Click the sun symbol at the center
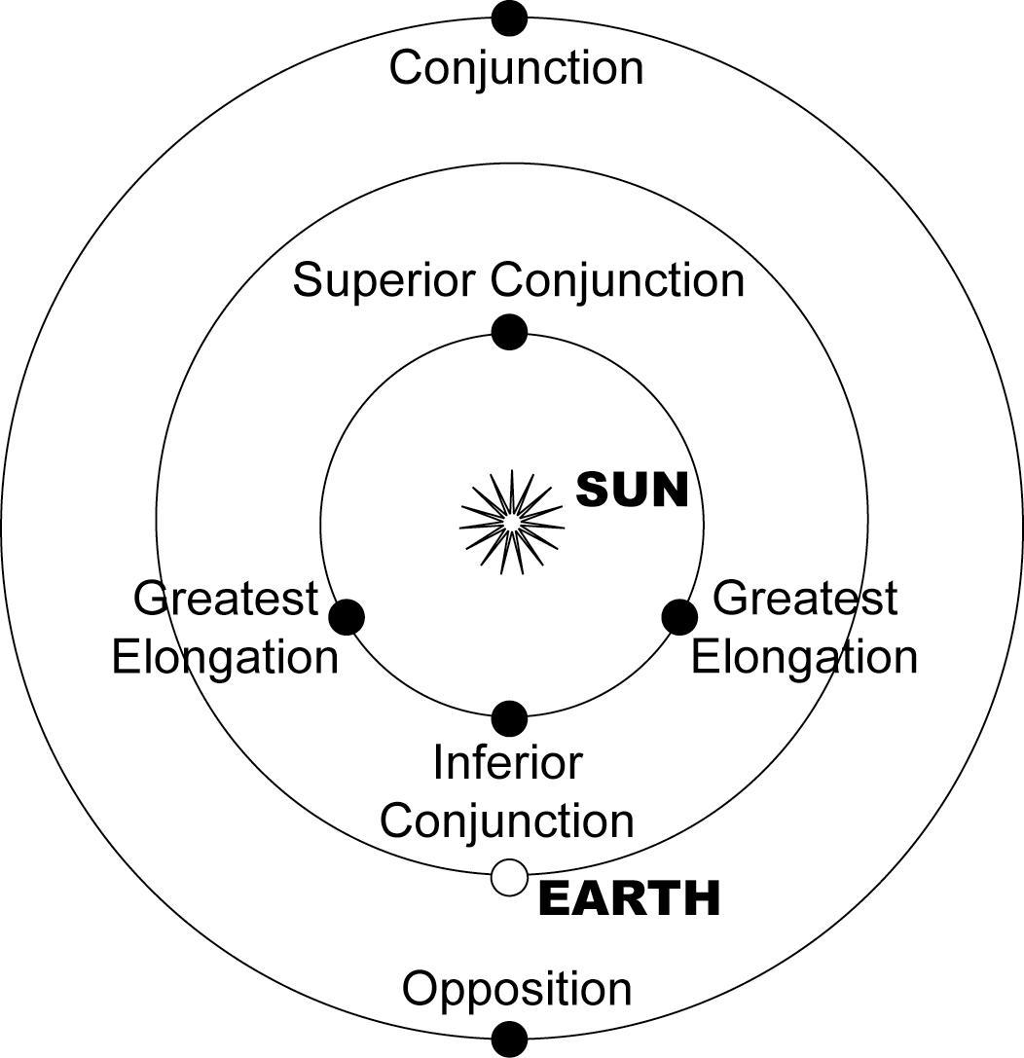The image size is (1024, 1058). pyautogui.click(x=511, y=522)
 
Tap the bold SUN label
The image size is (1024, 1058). pyautogui.click(x=632, y=490)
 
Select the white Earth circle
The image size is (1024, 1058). pyautogui.click(x=509, y=878)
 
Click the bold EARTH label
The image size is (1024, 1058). pyautogui.click(x=630, y=898)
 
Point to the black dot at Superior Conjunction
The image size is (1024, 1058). pyautogui.click(x=509, y=332)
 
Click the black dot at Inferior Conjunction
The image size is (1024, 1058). pyautogui.click(x=509, y=718)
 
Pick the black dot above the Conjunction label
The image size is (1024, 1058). pyautogui.click(x=509, y=18)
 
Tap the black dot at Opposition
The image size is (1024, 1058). pyautogui.click(x=509, y=1040)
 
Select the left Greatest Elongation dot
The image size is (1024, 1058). pyautogui.click(x=347, y=617)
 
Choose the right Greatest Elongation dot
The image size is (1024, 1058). pyautogui.click(x=679, y=617)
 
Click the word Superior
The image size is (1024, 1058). pyautogui.click(x=384, y=280)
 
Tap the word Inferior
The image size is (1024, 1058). pyautogui.click(x=507, y=762)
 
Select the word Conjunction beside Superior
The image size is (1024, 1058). pyautogui.click(x=617, y=280)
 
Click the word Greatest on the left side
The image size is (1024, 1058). pyautogui.click(x=226, y=598)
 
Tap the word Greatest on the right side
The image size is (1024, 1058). pyautogui.click(x=805, y=598)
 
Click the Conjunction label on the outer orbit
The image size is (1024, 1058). pyautogui.click(x=517, y=68)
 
